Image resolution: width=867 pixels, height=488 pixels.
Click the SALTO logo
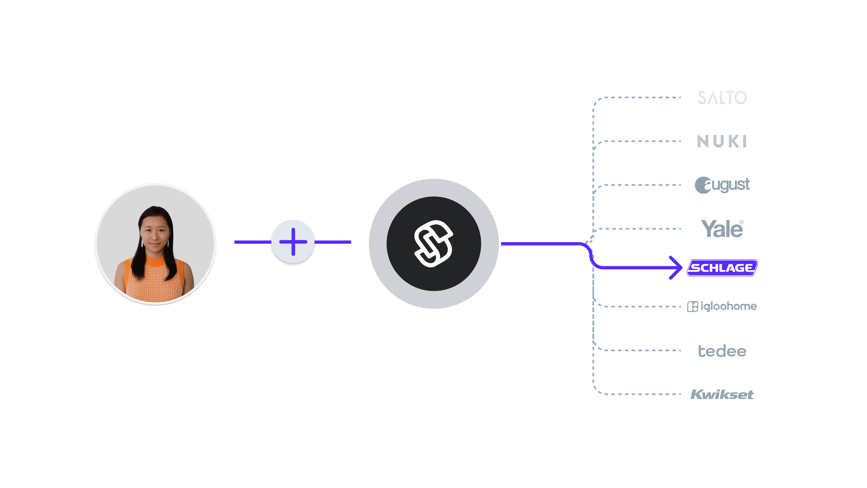(x=722, y=97)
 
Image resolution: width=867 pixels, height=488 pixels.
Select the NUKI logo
(x=722, y=141)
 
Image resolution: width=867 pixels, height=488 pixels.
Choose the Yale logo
(x=722, y=229)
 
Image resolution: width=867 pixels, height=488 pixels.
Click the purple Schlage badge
(x=722, y=268)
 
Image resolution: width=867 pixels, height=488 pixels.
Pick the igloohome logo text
(x=729, y=306)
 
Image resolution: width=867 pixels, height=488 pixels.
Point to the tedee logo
(x=722, y=351)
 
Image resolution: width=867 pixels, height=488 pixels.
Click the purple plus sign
(x=293, y=242)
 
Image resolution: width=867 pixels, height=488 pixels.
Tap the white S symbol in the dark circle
(x=433, y=244)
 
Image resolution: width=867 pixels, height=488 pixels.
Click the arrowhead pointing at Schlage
(x=676, y=268)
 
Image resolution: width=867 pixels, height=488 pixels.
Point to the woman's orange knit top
(x=155, y=279)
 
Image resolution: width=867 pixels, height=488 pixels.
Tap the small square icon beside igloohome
(x=693, y=307)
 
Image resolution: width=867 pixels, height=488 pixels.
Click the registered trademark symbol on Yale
(x=742, y=222)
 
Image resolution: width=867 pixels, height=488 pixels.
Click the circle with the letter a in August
(x=703, y=185)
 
